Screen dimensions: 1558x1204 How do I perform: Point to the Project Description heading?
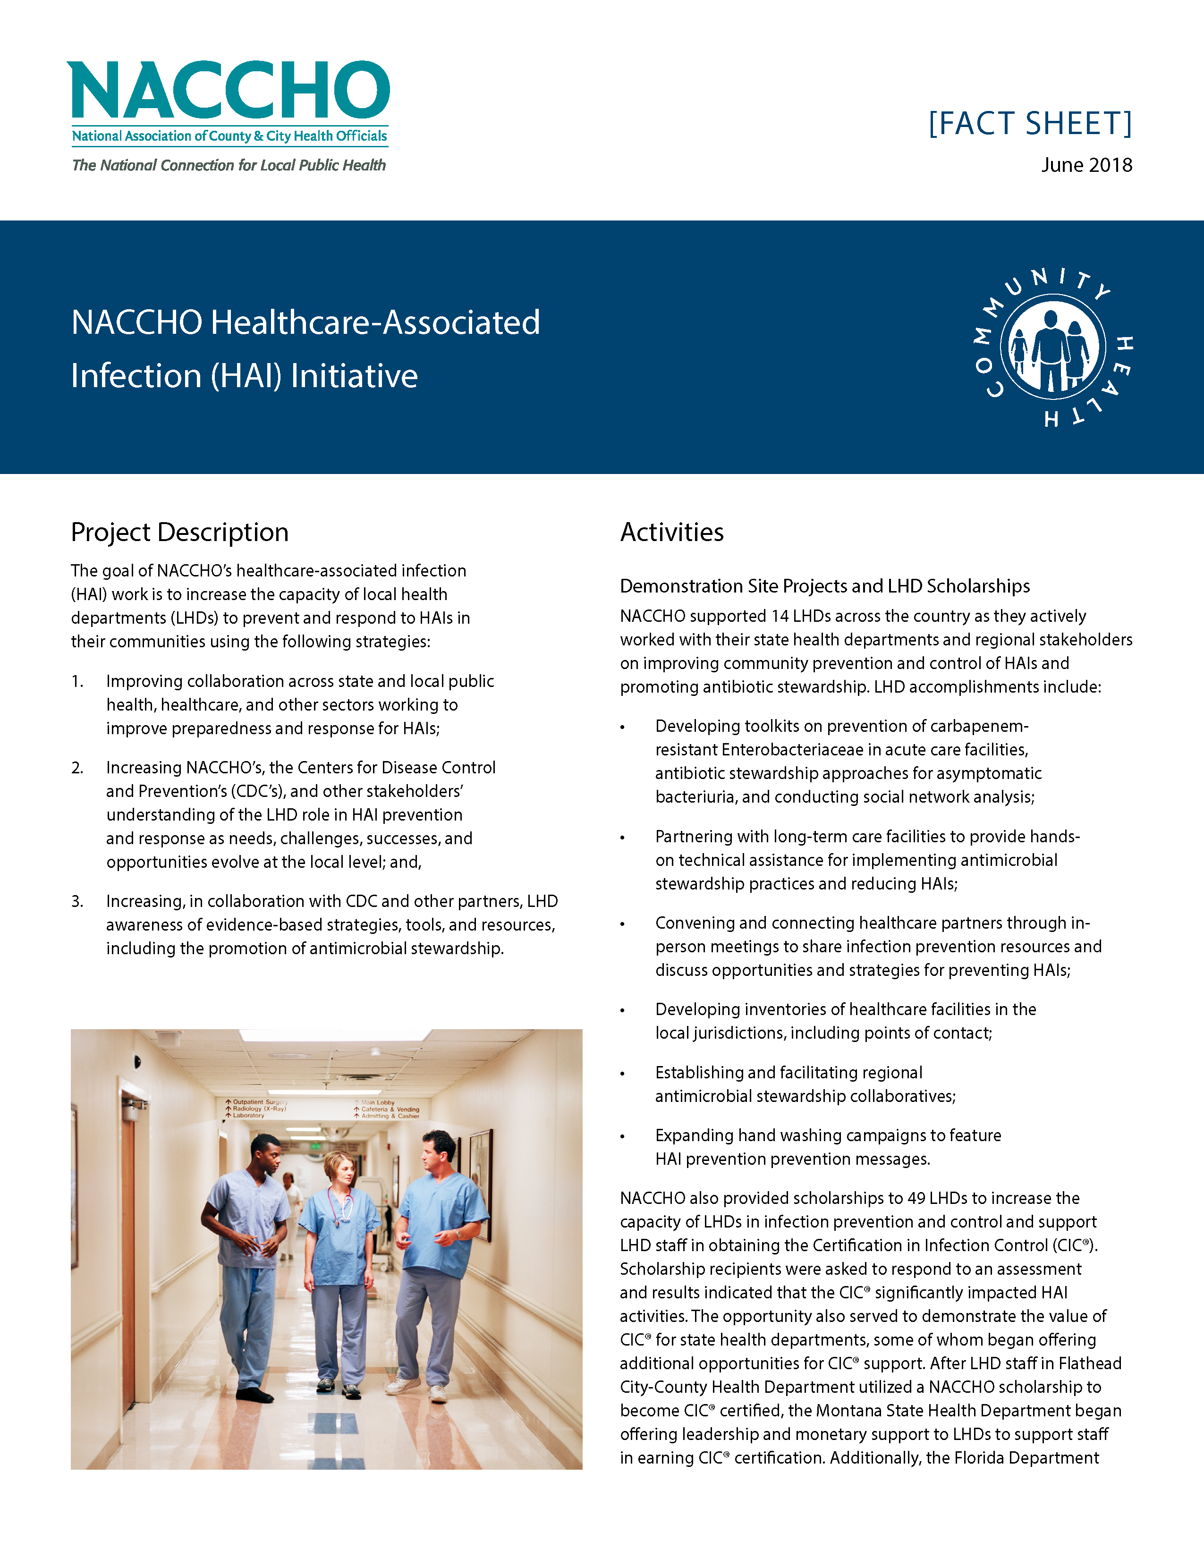pos(180,532)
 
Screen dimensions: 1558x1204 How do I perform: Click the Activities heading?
pos(671,532)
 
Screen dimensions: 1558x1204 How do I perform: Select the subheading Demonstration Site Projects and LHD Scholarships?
pos(824,586)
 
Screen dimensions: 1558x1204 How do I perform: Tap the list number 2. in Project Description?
pos(77,768)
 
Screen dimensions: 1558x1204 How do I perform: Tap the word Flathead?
pos(1089,1364)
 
